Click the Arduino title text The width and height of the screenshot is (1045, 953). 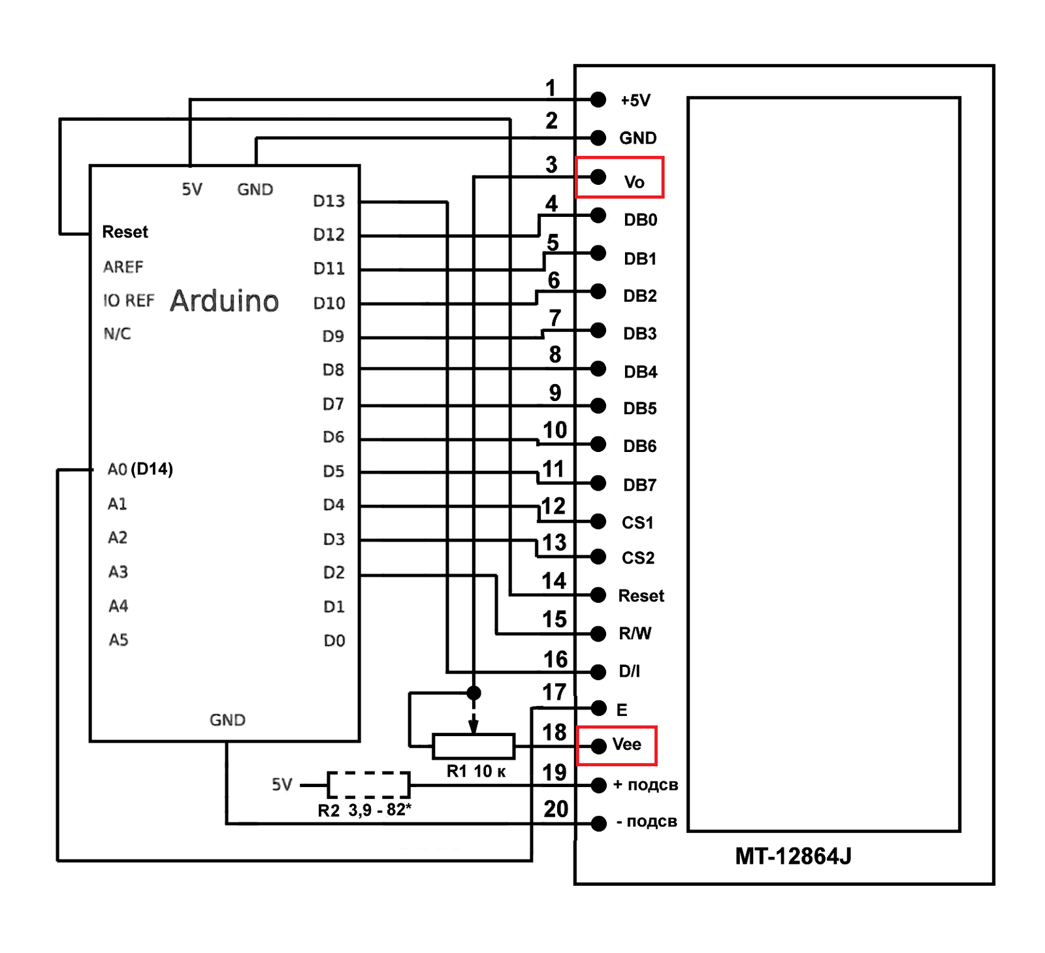(224, 301)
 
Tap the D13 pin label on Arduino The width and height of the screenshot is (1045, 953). (329, 201)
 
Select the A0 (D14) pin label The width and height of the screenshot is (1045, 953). (140, 470)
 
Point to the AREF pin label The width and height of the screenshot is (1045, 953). (123, 267)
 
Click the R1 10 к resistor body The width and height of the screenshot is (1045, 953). (474, 747)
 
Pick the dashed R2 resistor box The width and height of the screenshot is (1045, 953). (368, 784)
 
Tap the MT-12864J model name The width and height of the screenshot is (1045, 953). (793, 856)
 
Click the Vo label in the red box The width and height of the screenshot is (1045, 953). (634, 182)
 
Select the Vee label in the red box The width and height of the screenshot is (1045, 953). (626, 745)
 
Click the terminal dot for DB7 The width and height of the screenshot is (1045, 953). (598, 483)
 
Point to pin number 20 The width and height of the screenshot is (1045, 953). (556, 809)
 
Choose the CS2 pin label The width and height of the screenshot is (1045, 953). (638, 558)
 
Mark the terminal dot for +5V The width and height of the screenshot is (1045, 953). (598, 99)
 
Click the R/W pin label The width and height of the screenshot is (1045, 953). (635, 634)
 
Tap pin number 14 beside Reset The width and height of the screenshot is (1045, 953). (554, 581)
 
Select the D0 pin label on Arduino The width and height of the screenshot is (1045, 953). (334, 641)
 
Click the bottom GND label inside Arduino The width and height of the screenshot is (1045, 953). (227, 720)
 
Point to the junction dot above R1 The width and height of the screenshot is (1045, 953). (474, 692)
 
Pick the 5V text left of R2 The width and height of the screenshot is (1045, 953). (282, 784)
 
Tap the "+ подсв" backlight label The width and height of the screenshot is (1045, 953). (645, 785)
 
